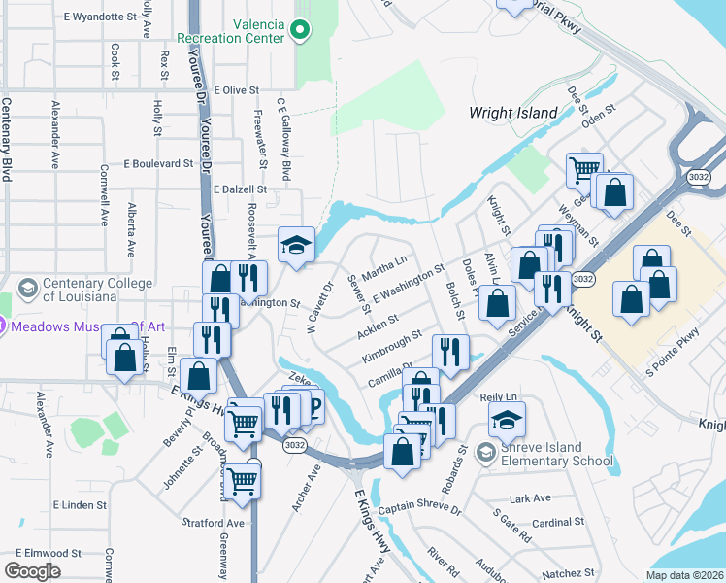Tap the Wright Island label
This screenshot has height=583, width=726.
(512, 113)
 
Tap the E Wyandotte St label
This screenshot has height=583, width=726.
(100, 17)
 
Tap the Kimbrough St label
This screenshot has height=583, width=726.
(391, 345)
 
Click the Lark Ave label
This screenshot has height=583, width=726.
(530, 498)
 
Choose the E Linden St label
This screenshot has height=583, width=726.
(80, 505)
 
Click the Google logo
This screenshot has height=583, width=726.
(32, 571)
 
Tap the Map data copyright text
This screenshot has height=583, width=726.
(684, 575)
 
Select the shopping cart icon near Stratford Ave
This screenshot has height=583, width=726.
(242, 479)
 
